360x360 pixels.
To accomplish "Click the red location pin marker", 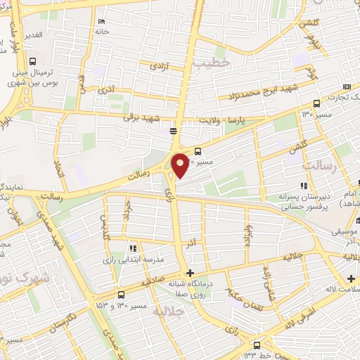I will click(180, 165).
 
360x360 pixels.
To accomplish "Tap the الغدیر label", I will click(32, 34).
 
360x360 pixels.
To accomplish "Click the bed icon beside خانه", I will click(102, 21).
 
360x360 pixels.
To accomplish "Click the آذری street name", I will click(106, 91).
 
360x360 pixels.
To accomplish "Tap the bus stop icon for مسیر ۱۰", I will click(198, 150).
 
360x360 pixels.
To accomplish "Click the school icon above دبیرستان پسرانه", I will click(303, 186).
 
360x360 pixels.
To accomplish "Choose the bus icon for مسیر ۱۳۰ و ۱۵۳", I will click(122, 294).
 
